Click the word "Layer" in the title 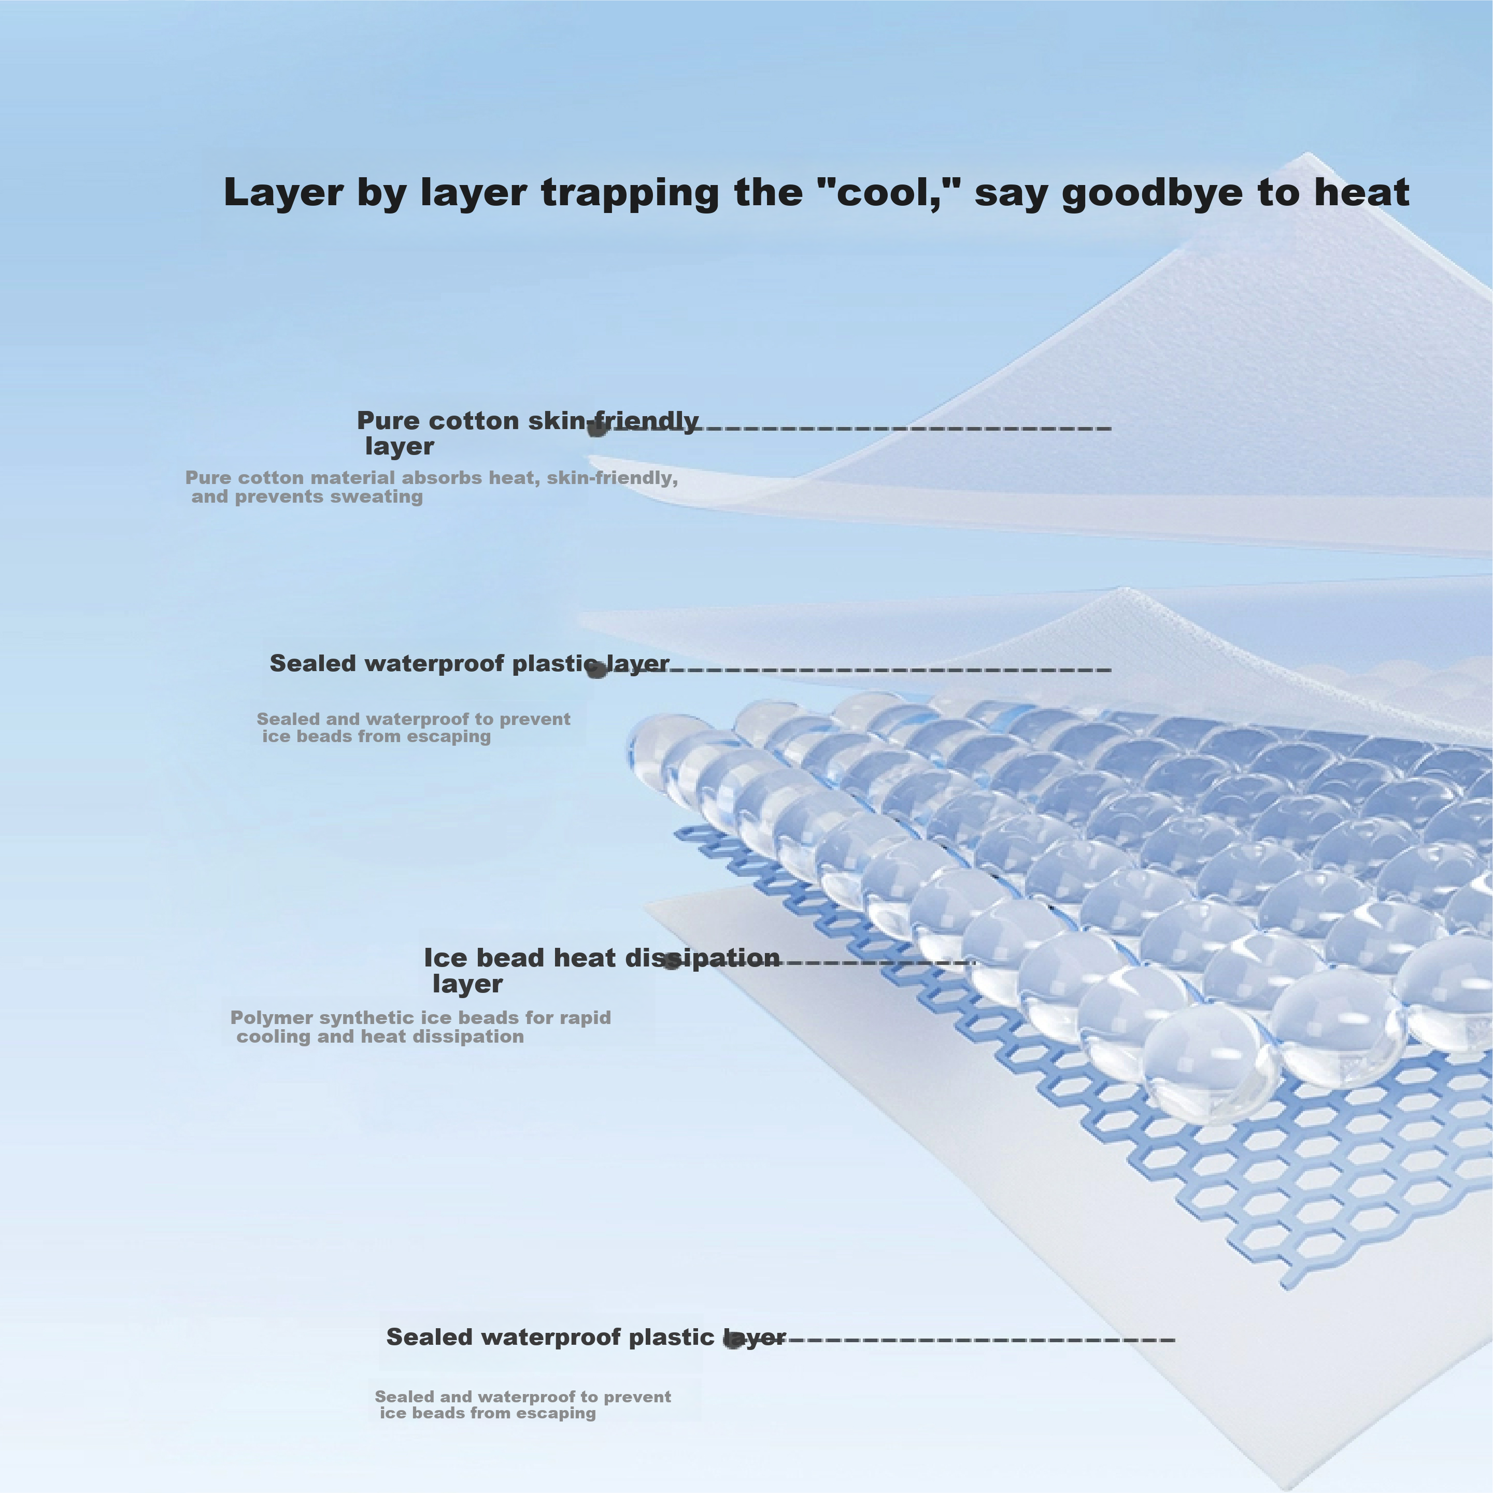pos(283,193)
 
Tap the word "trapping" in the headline pos(630,193)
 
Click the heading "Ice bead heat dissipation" pos(602,958)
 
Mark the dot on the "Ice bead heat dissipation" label pos(672,963)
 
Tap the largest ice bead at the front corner pos(1210,1062)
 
